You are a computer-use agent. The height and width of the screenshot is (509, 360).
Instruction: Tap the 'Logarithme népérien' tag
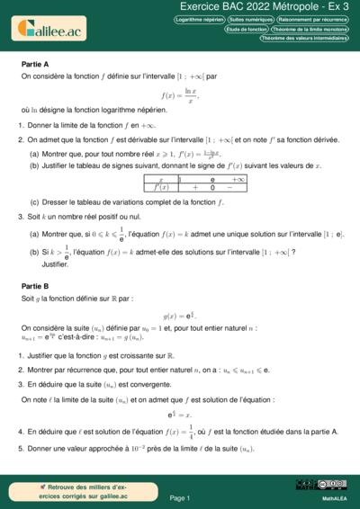(199, 19)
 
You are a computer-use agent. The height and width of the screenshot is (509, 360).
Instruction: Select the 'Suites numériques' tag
(251, 19)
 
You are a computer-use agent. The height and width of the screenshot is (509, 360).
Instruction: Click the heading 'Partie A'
(35, 65)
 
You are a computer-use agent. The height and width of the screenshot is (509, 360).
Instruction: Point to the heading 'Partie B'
(35, 285)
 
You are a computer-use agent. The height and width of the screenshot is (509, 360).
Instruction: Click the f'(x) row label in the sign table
(160, 188)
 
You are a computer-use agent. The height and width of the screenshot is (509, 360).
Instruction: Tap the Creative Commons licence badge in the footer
(309, 486)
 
